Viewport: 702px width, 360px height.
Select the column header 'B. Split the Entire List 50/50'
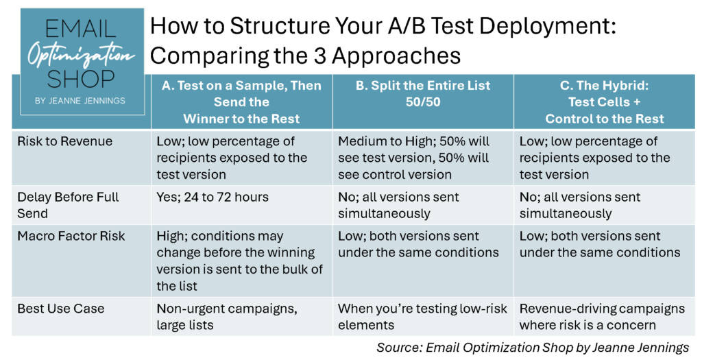422,93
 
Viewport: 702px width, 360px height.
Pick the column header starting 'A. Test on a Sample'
241,101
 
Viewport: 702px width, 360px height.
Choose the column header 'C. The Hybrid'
604,101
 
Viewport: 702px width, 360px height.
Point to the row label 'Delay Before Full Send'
68,205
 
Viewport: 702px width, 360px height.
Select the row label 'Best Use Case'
61,309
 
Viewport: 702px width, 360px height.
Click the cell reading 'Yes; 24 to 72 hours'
213,197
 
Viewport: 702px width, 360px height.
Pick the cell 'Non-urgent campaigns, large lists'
227,317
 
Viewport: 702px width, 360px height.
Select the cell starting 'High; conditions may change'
240,261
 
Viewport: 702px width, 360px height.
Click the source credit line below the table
533,347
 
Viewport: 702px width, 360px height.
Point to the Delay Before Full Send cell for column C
580,205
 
